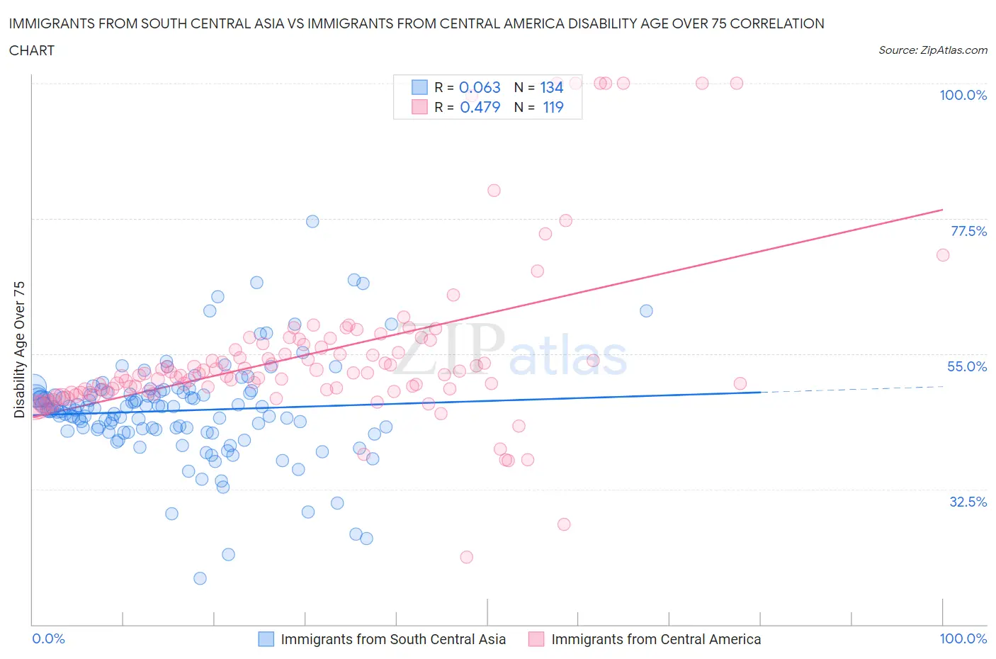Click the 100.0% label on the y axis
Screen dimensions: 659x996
(963, 95)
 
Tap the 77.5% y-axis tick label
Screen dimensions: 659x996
(968, 231)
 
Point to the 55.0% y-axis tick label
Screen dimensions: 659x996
(966, 366)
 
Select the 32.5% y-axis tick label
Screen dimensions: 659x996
(968, 502)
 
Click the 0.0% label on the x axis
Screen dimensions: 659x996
(49, 638)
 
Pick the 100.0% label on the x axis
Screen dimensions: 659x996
(963, 638)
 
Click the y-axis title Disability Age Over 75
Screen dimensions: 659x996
(19, 349)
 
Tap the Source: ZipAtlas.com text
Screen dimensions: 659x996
(932, 50)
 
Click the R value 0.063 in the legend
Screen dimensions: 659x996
(480, 87)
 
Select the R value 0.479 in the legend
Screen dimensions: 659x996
(480, 107)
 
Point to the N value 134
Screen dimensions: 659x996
(551, 87)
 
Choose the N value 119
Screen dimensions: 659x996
(553, 107)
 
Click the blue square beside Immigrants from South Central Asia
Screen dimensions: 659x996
(266, 639)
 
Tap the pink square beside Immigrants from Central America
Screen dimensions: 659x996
(536, 639)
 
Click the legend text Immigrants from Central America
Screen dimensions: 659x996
(656, 639)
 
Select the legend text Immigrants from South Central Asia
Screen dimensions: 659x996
(393, 639)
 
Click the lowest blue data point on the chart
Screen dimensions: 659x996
(200, 578)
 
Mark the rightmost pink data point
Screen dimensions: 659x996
(942, 255)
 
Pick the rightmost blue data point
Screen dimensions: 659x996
(646, 311)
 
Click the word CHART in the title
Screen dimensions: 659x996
(32, 50)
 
